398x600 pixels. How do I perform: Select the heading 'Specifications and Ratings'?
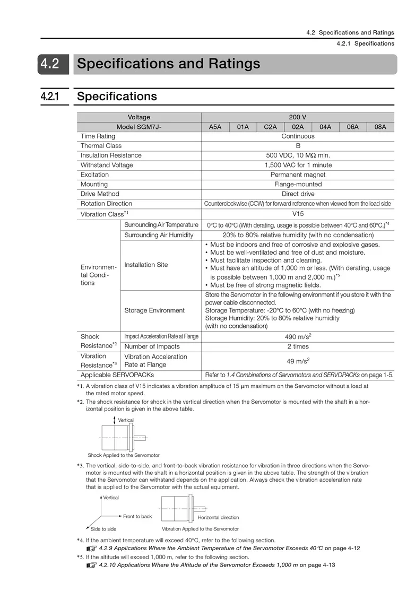[x=169, y=64]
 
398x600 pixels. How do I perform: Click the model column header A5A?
[x=215, y=127]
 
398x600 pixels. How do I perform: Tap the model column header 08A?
[x=380, y=127]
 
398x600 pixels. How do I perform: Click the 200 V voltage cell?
[x=298, y=117]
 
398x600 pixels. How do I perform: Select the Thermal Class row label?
[x=101, y=146]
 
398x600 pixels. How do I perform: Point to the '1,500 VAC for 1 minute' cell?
[x=298, y=165]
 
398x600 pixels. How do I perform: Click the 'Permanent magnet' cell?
[x=298, y=175]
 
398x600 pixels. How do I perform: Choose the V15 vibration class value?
[x=298, y=213]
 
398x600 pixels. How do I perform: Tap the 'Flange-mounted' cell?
[x=298, y=184]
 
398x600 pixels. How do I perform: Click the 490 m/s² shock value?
[x=298, y=336]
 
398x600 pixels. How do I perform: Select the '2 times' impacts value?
[x=298, y=346]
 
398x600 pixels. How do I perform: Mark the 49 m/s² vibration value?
[x=298, y=361]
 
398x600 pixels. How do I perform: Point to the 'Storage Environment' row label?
[x=154, y=310]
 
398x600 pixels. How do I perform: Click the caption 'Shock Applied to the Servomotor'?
[x=124, y=455]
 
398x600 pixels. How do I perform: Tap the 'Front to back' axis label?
[x=137, y=516]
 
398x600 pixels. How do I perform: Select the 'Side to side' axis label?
[x=103, y=529]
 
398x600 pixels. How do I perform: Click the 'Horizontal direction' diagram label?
[x=218, y=517]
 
